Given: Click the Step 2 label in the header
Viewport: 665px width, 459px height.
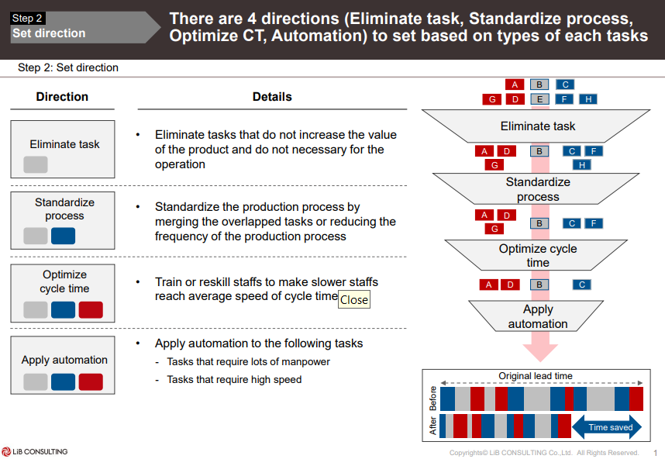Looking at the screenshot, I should [28, 18].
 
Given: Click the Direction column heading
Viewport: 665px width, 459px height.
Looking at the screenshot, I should [62, 97].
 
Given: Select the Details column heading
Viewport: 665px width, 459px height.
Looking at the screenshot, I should [272, 97].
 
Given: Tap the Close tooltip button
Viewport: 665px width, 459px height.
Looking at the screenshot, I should [354, 299].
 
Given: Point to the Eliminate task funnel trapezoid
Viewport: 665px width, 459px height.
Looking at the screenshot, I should [538, 126].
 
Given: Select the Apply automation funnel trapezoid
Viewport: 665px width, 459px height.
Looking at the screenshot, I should [538, 316].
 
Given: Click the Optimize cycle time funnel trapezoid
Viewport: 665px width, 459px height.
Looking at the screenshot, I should [538, 255].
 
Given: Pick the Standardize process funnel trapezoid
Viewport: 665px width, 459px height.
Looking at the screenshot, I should [538, 189].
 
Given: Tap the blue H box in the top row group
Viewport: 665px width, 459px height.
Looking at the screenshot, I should [588, 99].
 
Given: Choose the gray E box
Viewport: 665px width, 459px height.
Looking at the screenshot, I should [539, 99].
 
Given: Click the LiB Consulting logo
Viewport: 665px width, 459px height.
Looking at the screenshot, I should [35, 451].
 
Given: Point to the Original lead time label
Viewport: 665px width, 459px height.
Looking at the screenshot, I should [535, 376].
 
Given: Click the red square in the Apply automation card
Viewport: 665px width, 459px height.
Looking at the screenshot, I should [91, 381].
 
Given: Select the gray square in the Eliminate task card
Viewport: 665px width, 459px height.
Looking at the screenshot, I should [36, 164].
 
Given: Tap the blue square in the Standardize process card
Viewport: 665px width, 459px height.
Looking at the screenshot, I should [63, 236].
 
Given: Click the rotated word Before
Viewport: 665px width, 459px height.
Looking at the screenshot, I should [432, 399].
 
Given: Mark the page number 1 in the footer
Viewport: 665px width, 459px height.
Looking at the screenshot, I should [655, 453].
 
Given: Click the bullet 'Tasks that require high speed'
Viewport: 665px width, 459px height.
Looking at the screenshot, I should [234, 380].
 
